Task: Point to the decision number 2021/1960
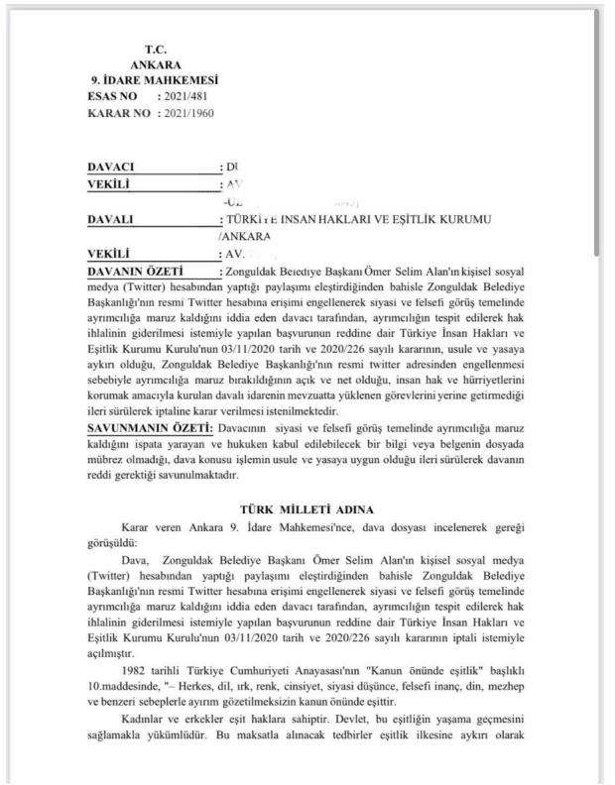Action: click(x=189, y=114)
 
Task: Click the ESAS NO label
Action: click(x=115, y=97)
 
